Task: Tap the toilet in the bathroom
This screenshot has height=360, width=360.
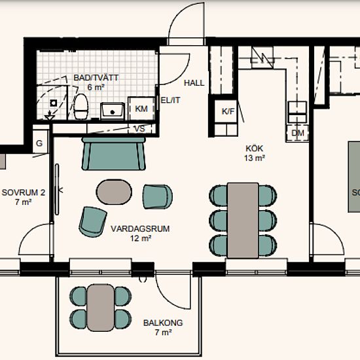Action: coord(81,107)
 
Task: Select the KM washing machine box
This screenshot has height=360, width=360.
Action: coord(141,109)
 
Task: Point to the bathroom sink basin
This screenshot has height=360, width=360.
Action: coord(113,111)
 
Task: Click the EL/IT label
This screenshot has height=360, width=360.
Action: coord(171,100)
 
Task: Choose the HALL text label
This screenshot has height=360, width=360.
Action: coord(194,83)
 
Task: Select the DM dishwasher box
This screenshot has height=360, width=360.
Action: coord(298,133)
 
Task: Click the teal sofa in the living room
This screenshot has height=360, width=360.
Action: coord(114,154)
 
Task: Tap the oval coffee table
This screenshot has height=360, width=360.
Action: coord(114,192)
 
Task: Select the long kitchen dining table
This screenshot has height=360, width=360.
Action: coord(243,221)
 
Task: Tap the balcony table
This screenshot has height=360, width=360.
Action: coord(101,308)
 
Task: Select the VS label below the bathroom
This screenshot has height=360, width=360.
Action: coord(140,129)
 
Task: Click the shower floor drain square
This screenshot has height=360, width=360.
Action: coord(54,103)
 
